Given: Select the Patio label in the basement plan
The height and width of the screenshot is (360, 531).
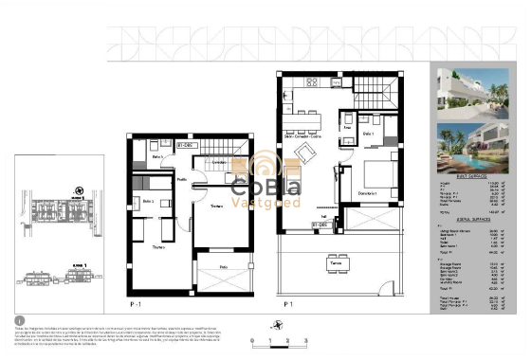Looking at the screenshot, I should [224, 268].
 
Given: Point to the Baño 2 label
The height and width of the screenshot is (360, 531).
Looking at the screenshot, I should [148, 202].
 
